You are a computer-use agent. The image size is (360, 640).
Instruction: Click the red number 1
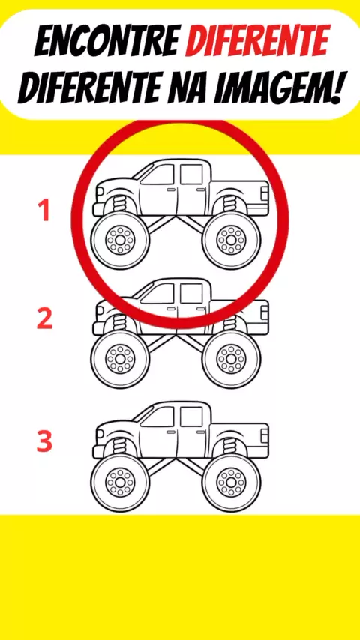coord(44,211)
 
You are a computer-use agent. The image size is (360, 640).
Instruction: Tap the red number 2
coord(44,319)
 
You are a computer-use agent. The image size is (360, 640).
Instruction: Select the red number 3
coord(44,441)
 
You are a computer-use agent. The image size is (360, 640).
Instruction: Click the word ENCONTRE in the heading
coord(107,42)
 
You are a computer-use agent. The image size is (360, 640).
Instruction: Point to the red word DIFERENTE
coord(258,40)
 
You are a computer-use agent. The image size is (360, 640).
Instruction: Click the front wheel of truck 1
coord(120,240)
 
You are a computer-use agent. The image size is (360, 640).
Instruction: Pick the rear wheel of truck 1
coord(231,240)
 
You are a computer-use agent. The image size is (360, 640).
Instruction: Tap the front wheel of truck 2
coord(120,359)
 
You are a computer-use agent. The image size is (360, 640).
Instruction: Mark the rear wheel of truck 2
coord(231,359)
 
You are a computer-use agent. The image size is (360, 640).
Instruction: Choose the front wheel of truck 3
coord(120,482)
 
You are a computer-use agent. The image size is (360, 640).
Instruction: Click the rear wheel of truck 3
coord(231,482)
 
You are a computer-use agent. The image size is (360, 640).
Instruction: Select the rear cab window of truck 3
coord(191,417)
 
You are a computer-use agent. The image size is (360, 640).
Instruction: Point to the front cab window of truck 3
coord(159,417)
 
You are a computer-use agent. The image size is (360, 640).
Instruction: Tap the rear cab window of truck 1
coord(191,175)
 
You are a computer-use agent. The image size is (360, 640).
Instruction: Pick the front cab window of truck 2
coord(159,295)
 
